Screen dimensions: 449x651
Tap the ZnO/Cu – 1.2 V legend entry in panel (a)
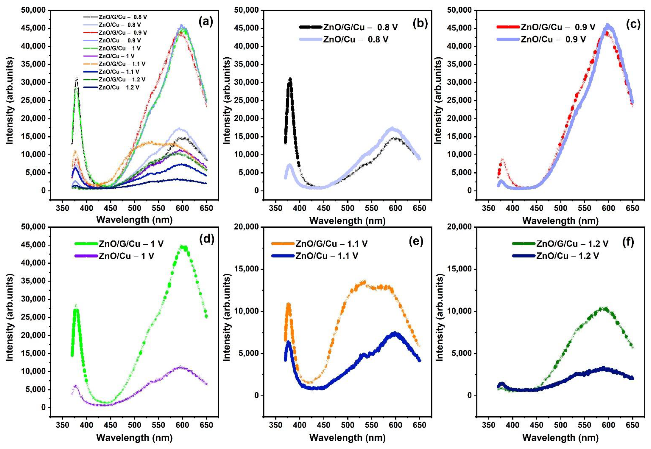tap(119, 87)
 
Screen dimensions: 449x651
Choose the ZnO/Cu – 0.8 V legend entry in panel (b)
tap(356, 39)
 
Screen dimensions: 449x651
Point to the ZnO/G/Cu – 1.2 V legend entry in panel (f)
tap(572, 244)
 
